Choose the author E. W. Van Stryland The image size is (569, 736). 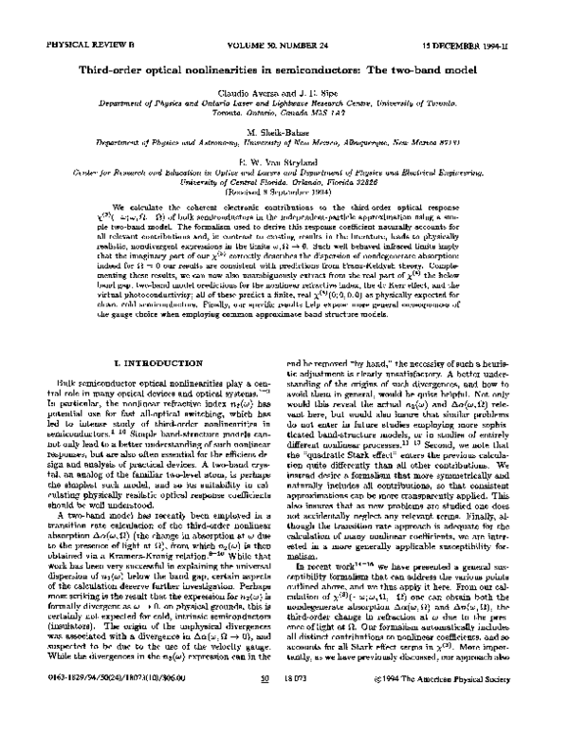click(284, 161)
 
